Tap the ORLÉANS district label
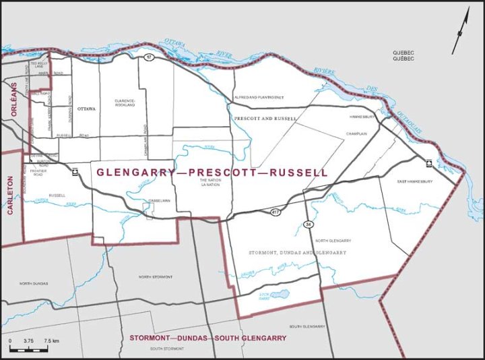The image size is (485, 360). tap(13, 106)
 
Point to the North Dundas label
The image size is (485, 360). tap(34, 284)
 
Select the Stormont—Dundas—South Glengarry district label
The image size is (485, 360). tap(205, 336)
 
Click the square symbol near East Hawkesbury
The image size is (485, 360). tap(428, 162)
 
